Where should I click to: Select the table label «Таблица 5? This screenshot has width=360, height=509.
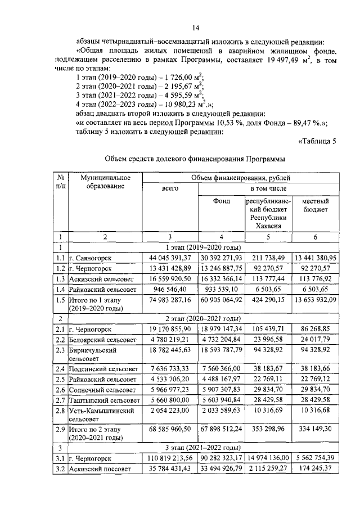[316, 141]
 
